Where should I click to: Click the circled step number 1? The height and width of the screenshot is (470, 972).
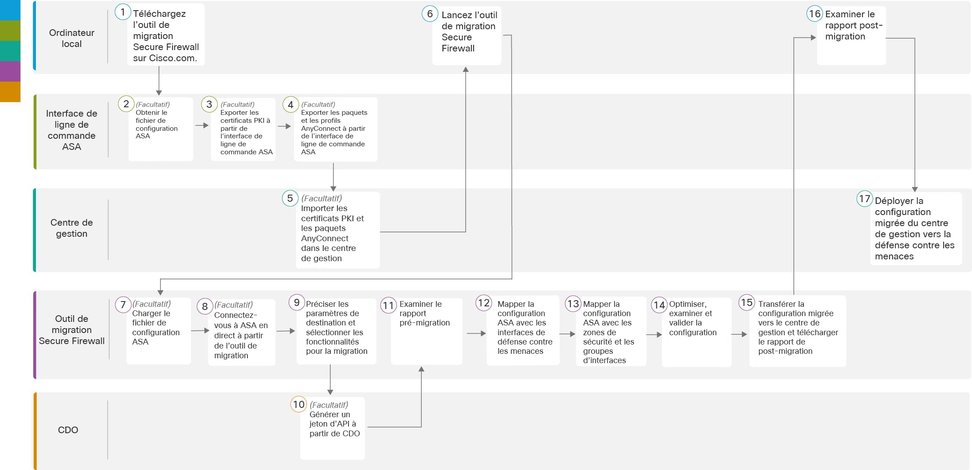pyautogui.click(x=122, y=12)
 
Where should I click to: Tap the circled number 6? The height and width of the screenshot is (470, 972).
pyautogui.click(x=430, y=14)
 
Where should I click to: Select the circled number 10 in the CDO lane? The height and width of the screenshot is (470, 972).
pyautogui.click(x=298, y=404)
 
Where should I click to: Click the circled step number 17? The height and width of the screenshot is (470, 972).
pyautogui.click(x=865, y=199)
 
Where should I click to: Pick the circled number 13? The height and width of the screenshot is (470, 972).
pyautogui.click(x=573, y=304)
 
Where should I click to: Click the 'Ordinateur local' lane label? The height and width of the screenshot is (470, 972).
pyautogui.click(x=71, y=38)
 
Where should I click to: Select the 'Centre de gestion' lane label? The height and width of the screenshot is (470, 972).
pyautogui.click(x=71, y=228)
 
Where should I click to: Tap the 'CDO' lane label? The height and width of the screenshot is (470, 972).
pyautogui.click(x=68, y=430)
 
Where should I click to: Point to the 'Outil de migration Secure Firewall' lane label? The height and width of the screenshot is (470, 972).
pyautogui.click(x=71, y=329)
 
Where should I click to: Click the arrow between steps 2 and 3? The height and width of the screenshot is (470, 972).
pyautogui.click(x=202, y=125)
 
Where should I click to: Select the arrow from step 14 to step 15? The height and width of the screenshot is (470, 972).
pyautogui.click(x=739, y=334)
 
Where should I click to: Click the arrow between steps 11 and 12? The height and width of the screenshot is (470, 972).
pyautogui.click(x=476, y=333)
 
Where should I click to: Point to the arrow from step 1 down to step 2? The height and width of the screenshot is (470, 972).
pyautogui.click(x=159, y=81)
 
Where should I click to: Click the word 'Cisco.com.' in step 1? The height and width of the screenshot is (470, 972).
pyautogui.click(x=173, y=58)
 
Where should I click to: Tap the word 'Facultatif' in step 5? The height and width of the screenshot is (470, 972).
pyautogui.click(x=321, y=198)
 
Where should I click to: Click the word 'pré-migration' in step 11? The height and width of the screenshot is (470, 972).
pyautogui.click(x=424, y=323)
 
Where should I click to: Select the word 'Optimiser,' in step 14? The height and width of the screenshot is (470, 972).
pyautogui.click(x=688, y=304)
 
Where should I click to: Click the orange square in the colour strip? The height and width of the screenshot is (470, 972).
pyautogui.click(x=10, y=92)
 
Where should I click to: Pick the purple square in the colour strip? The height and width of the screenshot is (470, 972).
pyautogui.click(x=10, y=71)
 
